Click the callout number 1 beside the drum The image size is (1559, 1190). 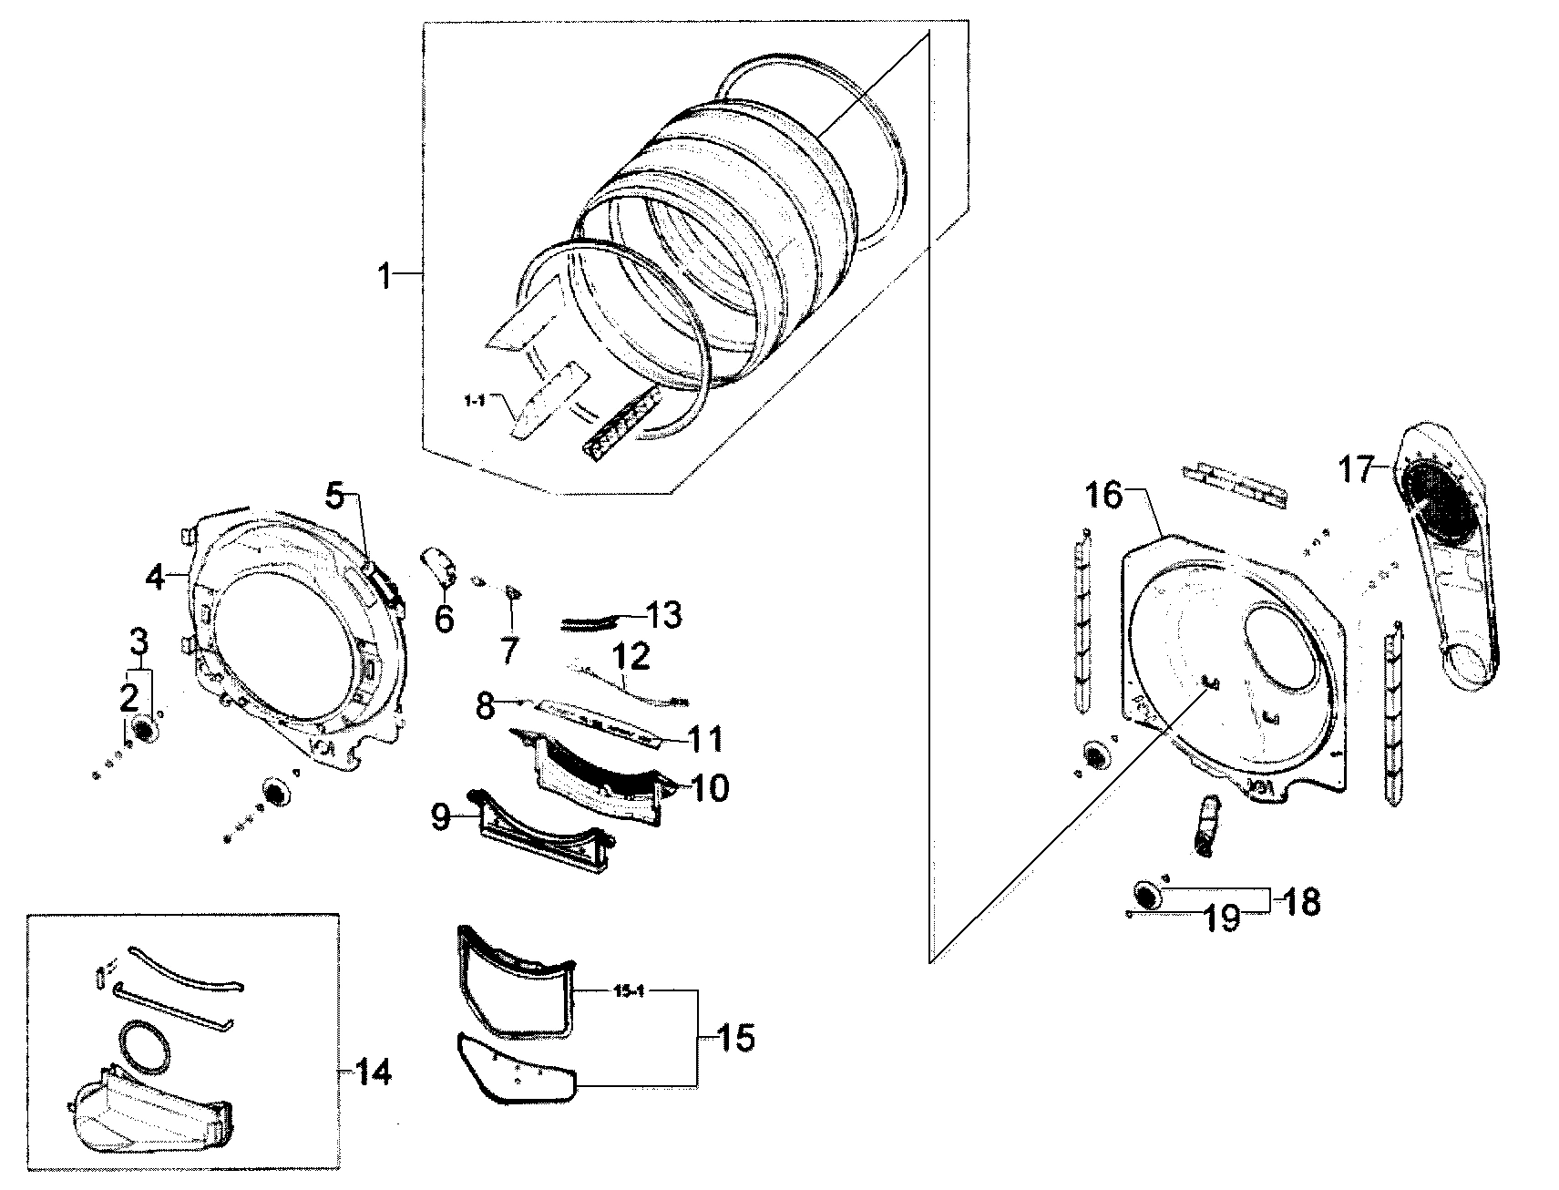385,274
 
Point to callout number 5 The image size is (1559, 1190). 336,498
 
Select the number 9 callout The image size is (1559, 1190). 440,817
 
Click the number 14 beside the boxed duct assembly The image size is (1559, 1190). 374,1072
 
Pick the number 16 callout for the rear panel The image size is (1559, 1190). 1104,497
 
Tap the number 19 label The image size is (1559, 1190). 1221,918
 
